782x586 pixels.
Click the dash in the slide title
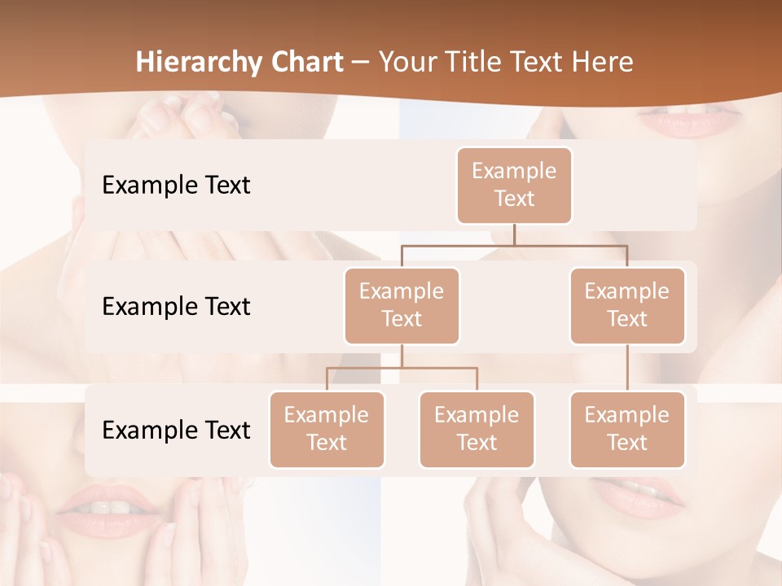click(x=360, y=63)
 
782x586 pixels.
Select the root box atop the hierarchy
click(x=514, y=185)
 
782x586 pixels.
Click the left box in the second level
click(x=402, y=305)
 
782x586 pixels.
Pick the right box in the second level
click(x=627, y=305)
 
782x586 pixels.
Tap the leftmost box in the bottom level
click(x=327, y=429)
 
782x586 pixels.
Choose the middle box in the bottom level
click(x=477, y=429)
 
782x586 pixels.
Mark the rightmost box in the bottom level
click(x=627, y=429)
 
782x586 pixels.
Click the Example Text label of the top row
click(x=176, y=186)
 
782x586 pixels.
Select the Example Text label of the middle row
click(x=176, y=307)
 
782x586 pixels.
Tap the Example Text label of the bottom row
click(x=176, y=431)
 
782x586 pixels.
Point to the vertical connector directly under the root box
click(x=514, y=234)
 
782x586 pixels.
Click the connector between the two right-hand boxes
click(x=627, y=368)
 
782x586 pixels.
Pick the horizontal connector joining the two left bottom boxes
click(x=402, y=368)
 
